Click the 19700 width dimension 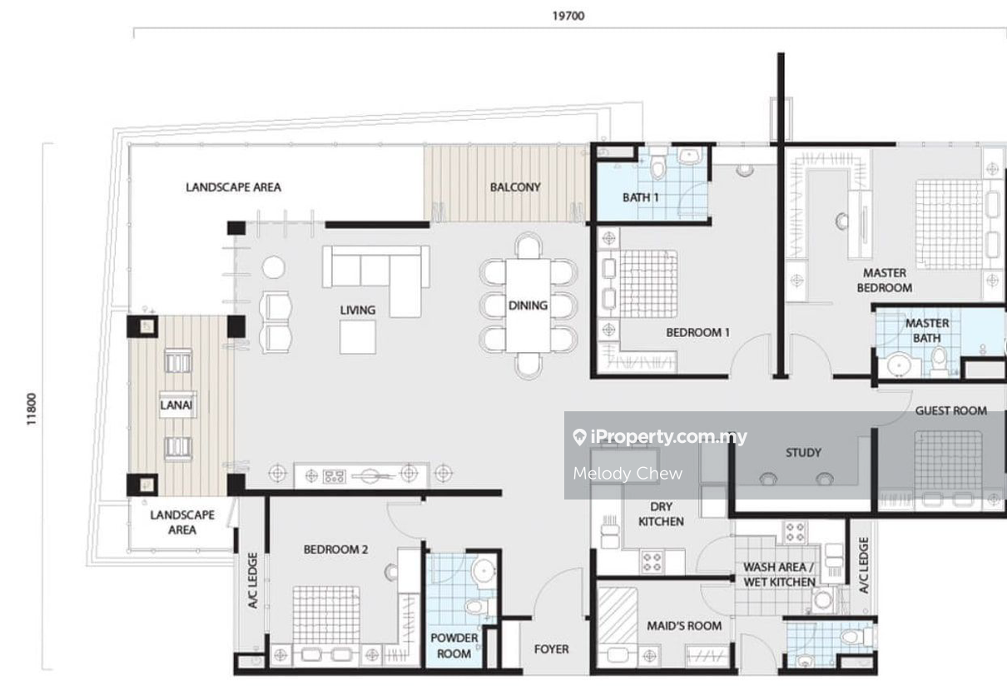point(568,16)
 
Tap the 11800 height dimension point(31,409)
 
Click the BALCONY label point(515,187)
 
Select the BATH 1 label point(641,197)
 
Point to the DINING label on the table point(528,306)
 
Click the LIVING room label point(357,310)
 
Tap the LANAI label point(176,405)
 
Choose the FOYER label point(551,649)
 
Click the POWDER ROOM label point(454,645)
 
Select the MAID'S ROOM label point(684,626)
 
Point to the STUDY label point(803,453)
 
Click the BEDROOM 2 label point(336,549)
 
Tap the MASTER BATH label point(927,331)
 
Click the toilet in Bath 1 point(659,166)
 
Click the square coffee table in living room point(358,337)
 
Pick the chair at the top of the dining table point(528,246)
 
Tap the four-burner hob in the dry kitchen point(652,562)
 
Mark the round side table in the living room point(273,267)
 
